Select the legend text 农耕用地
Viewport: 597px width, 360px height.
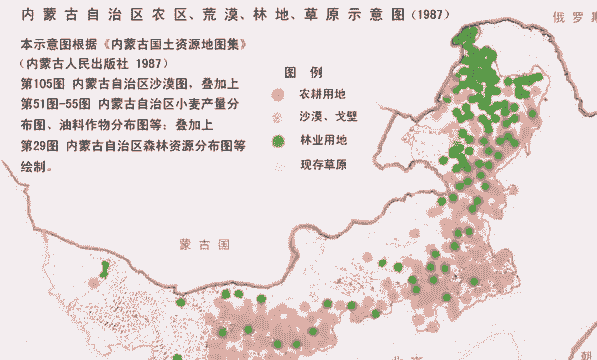tap(323, 95)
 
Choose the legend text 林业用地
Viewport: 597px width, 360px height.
tap(323, 141)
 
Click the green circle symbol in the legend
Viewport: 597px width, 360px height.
tap(280, 141)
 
